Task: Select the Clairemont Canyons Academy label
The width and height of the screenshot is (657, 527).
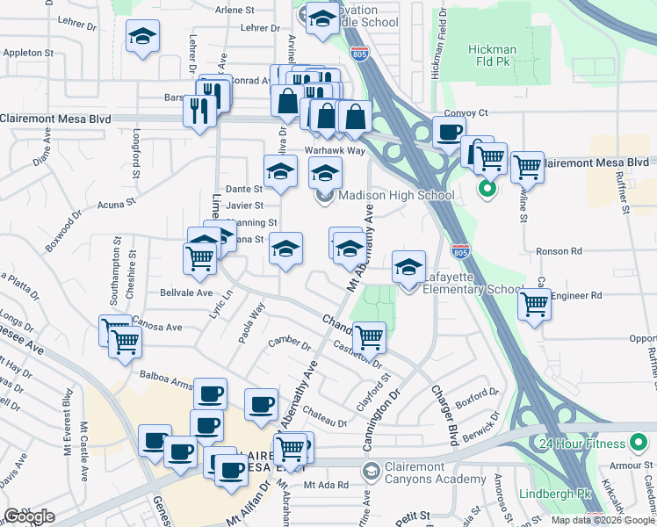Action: [435, 479]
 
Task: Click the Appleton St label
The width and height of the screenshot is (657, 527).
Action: [28, 54]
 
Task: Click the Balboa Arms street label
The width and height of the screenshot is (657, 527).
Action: [166, 379]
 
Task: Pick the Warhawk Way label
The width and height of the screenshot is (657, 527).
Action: [335, 150]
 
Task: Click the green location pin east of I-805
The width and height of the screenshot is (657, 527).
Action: [486, 187]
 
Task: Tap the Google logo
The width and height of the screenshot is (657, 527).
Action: [30, 516]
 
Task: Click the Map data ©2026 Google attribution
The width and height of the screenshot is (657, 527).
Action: [603, 520]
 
